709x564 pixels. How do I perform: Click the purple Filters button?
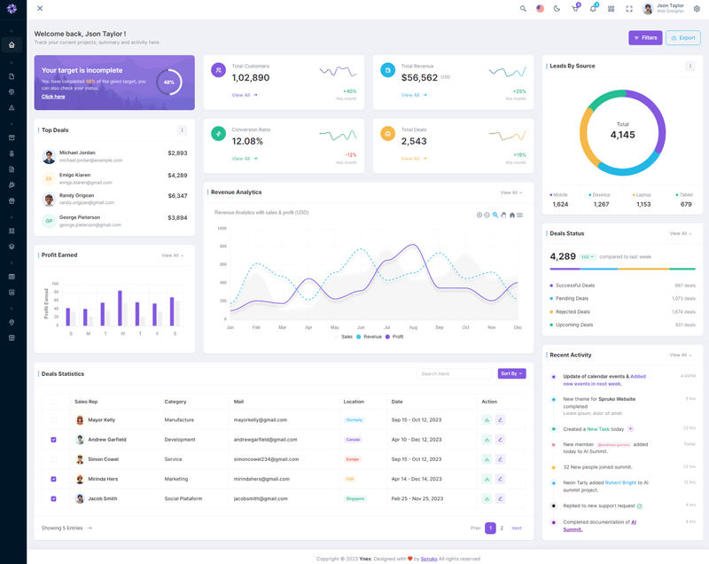pyautogui.click(x=645, y=38)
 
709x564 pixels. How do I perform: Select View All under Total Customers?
pyautogui.click(x=241, y=95)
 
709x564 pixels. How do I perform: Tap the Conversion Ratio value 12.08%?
pyautogui.click(x=247, y=141)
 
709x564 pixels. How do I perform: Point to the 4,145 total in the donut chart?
pyautogui.click(x=622, y=135)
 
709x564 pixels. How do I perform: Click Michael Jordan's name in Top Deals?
pyautogui.click(x=77, y=153)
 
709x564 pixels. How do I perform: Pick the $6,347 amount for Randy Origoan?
pyautogui.click(x=177, y=195)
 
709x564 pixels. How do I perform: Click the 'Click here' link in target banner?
pyautogui.click(x=53, y=97)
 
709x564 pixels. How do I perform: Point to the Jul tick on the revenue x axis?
pyautogui.click(x=387, y=327)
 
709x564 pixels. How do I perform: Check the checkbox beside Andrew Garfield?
pyautogui.click(x=53, y=440)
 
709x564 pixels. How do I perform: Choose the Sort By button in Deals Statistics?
pyautogui.click(x=511, y=374)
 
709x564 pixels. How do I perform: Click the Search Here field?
pyautogui.click(x=453, y=374)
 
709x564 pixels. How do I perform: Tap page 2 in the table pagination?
pyautogui.click(x=502, y=528)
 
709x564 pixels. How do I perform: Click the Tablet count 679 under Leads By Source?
pyautogui.click(x=686, y=204)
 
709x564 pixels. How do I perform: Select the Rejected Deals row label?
pyautogui.click(x=573, y=312)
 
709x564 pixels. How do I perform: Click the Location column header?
pyautogui.click(x=354, y=402)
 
